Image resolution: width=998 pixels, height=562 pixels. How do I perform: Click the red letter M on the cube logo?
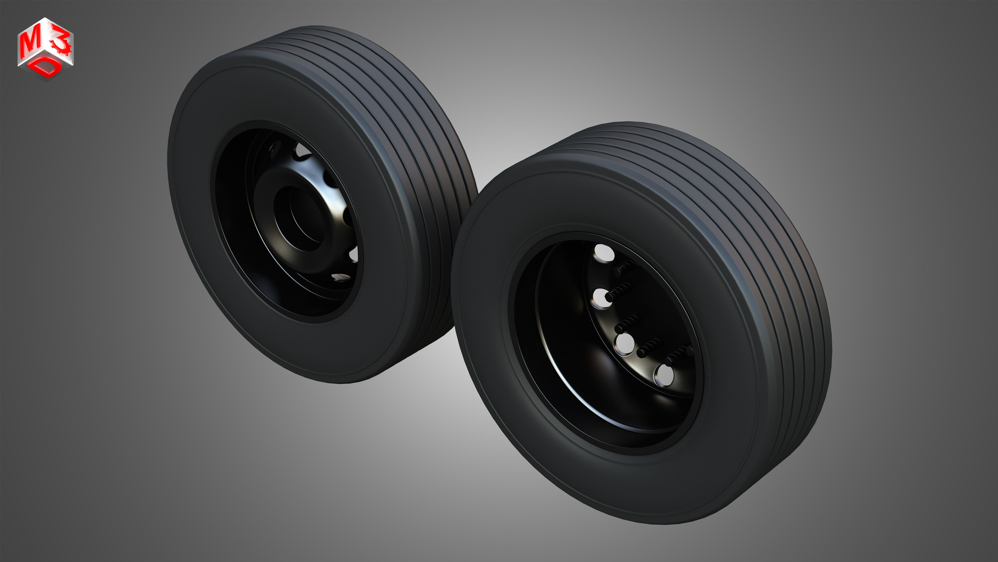[29, 43]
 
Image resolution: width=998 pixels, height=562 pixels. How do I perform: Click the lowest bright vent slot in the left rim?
[340, 276]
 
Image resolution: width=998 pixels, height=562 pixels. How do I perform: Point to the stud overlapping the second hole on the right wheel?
[618, 292]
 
